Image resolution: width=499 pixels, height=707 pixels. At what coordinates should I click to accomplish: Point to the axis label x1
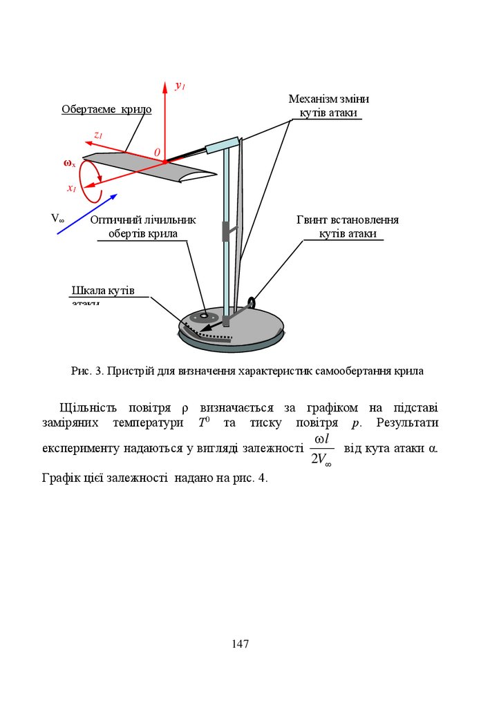click(71, 188)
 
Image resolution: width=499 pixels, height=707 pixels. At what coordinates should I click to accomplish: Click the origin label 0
click(157, 152)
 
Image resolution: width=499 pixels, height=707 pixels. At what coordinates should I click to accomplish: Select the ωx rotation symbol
click(69, 164)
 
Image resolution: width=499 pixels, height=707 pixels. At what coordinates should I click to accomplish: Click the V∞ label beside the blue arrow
click(57, 218)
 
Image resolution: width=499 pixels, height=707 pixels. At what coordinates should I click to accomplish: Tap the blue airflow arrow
click(86, 213)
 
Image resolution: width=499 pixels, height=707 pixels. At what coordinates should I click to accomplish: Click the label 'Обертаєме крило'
click(106, 109)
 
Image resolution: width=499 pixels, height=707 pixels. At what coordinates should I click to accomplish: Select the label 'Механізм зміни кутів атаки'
click(329, 106)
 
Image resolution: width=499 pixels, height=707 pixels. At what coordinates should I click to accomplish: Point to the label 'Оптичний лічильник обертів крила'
click(143, 226)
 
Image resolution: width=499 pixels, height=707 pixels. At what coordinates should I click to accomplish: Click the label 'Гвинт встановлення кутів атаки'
click(348, 226)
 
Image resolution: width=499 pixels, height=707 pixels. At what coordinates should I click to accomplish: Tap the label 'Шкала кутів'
click(104, 289)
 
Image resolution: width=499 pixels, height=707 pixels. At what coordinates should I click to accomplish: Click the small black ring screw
click(252, 302)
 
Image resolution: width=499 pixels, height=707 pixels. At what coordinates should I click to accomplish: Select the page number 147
click(240, 644)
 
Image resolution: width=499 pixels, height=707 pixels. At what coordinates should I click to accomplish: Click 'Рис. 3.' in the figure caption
click(86, 371)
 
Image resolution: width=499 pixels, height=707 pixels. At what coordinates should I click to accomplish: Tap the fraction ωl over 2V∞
click(321, 450)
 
